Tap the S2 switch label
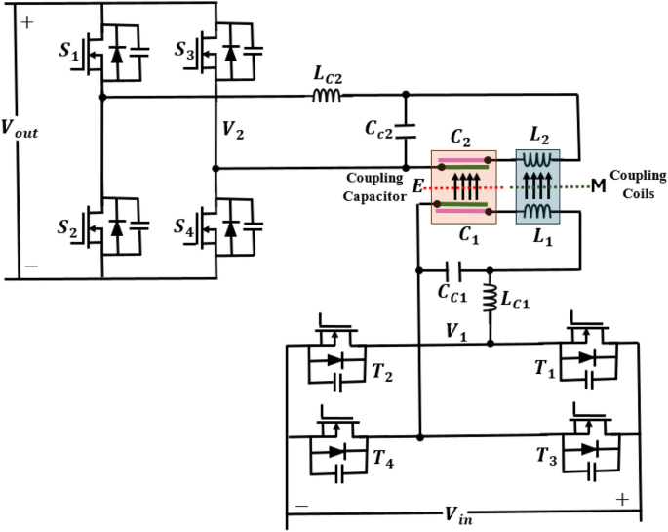[x=69, y=230]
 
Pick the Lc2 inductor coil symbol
[x=325, y=97]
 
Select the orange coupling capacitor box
[x=463, y=185]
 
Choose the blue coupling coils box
[x=537, y=185]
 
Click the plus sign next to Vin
[x=621, y=499]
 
